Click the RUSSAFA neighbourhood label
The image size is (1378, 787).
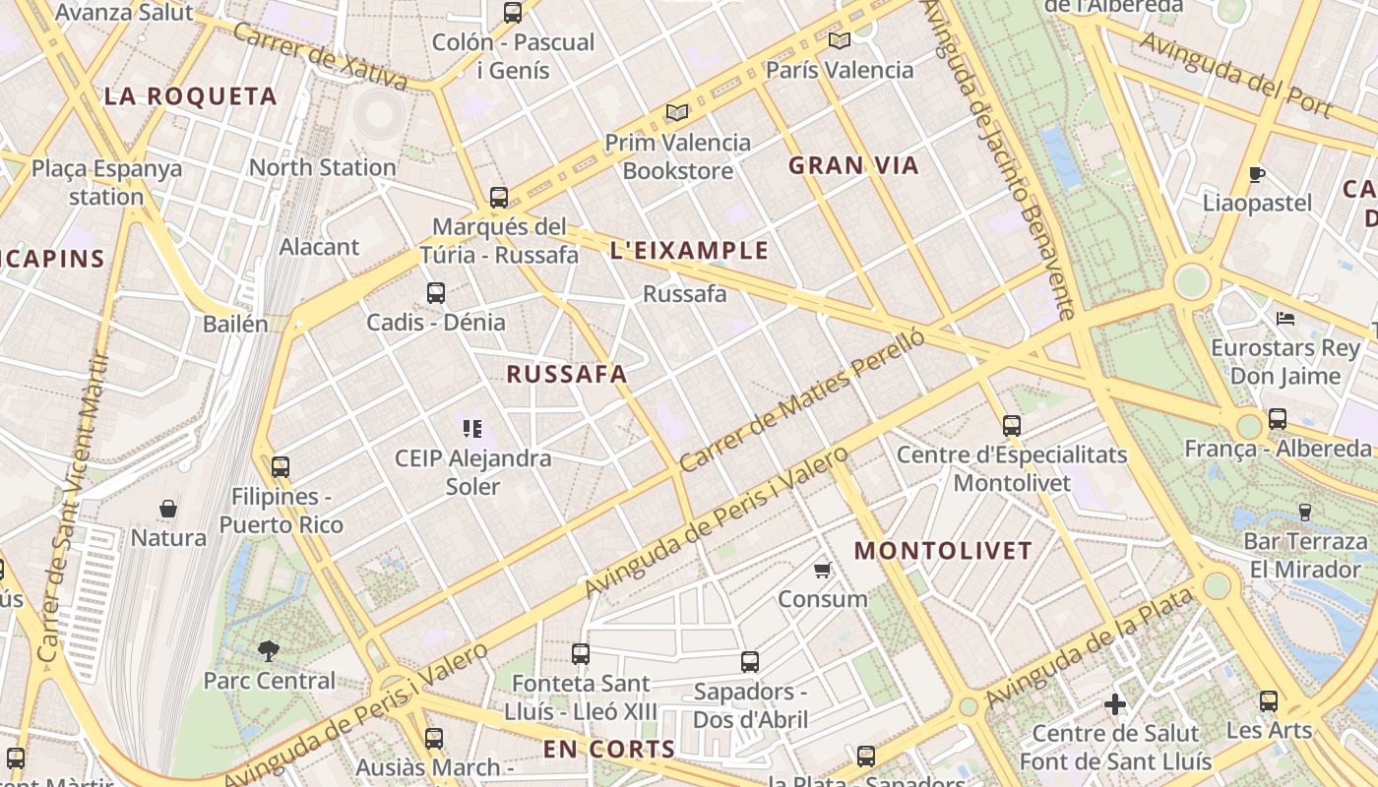point(567,374)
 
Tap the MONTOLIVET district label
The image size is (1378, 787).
point(943,551)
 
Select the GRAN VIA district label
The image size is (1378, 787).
point(853,165)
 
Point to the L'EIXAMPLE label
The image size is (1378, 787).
point(689,250)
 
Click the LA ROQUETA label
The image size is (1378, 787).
point(191,96)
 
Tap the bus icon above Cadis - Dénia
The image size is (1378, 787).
point(436,292)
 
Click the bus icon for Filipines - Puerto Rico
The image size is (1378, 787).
point(281,466)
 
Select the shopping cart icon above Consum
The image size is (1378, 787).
point(823,570)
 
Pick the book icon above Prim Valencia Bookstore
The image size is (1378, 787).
point(677,112)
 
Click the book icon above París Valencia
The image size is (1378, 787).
point(839,40)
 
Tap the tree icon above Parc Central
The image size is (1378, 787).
point(268,650)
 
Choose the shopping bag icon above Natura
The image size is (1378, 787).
point(168,509)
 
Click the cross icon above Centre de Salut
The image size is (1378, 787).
point(1114,704)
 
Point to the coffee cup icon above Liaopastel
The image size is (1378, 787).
point(1256,174)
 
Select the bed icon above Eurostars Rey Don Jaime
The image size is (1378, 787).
point(1284,318)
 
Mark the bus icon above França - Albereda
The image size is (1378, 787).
point(1277,419)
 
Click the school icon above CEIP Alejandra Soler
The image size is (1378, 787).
point(471,428)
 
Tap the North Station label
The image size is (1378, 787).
point(322,167)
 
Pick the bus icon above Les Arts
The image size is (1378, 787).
point(1269,701)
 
